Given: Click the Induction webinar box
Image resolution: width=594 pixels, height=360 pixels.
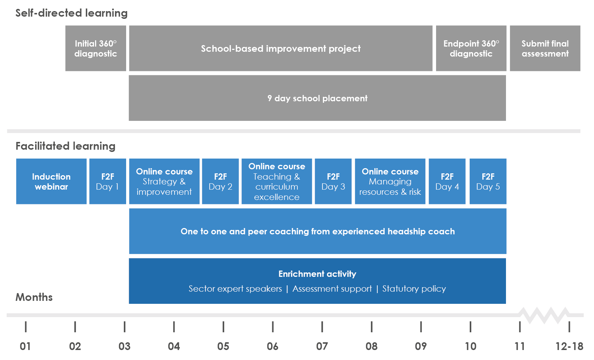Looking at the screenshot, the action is coord(51,181).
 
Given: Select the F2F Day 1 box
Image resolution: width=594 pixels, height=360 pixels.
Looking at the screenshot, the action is coord(108,181).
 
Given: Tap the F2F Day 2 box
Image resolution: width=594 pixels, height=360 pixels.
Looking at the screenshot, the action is coord(220,181).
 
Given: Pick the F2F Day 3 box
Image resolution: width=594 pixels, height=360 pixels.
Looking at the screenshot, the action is coord(333,181).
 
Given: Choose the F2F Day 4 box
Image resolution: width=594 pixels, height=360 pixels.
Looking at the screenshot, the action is coord(447,181).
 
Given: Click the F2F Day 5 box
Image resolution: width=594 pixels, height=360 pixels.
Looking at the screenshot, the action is coord(488,181).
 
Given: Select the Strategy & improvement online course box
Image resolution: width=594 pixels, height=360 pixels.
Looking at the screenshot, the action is coord(164,181).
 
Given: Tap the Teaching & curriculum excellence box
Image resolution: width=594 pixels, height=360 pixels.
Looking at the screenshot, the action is coord(277,181).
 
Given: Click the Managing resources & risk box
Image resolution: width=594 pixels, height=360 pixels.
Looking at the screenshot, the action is coord(390,181).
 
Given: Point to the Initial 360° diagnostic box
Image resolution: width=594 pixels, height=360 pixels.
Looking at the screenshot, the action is coord(96,48).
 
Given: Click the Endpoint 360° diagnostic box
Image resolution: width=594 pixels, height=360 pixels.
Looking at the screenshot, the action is coord(471,48).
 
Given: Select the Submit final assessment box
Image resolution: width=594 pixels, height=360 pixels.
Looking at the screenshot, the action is coord(545,48).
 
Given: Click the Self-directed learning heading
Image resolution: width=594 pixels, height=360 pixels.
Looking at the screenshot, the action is coord(71,13).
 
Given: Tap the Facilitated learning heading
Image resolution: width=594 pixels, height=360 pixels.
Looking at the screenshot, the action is coord(65,146).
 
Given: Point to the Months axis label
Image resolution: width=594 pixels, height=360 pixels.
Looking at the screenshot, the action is coord(34,297).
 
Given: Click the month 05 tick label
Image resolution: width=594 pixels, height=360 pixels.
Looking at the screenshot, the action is coord(223,346).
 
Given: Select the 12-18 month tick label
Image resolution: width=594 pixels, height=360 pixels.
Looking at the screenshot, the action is coord(569,346).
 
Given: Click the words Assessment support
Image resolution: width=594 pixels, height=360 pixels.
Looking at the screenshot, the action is coord(332,288).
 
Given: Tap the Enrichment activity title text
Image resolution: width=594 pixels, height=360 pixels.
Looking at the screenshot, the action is coord(317,274).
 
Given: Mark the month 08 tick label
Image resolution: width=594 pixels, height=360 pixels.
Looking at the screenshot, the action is coord(371,346).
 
